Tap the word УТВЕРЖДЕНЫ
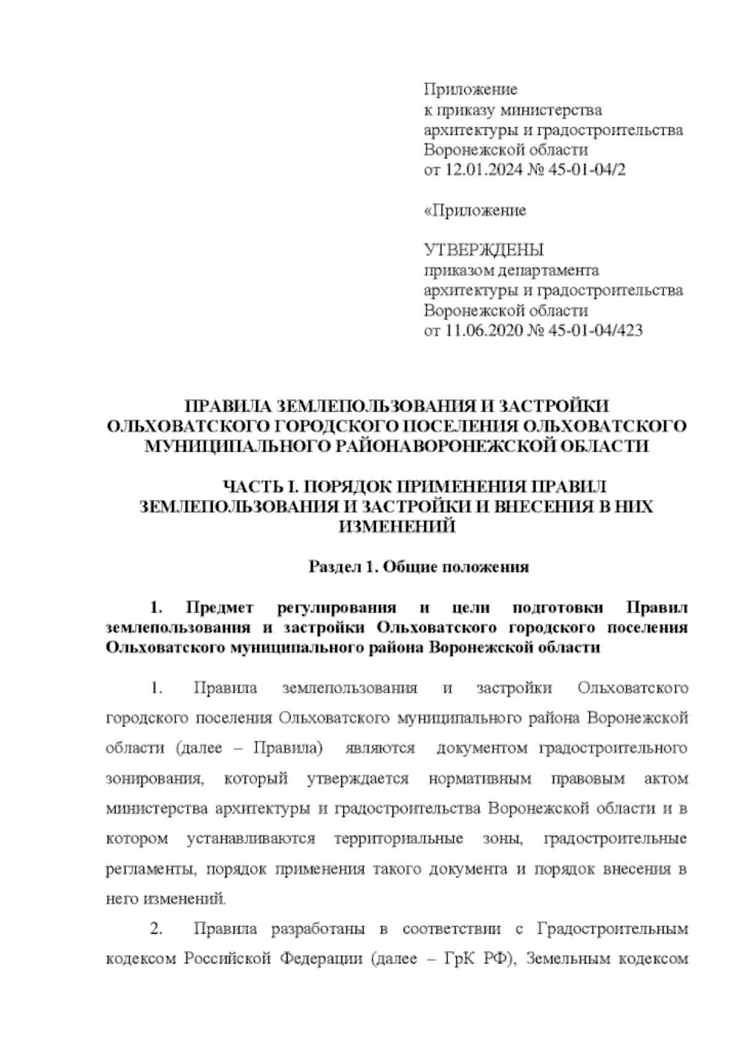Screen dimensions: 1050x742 pos(483,251)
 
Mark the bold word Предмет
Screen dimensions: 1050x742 pos(220,608)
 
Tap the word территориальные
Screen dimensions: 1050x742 pos(399,839)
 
